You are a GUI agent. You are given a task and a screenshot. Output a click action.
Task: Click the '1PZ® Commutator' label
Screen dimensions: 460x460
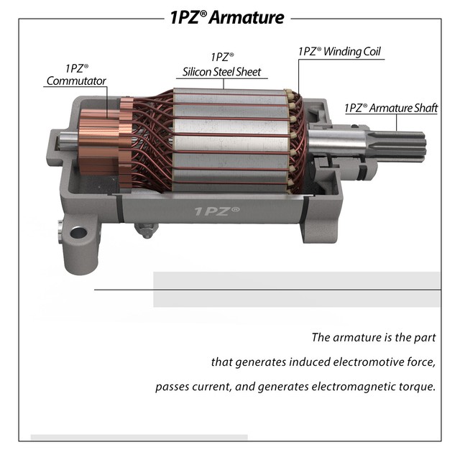pyautogui.click(x=76, y=75)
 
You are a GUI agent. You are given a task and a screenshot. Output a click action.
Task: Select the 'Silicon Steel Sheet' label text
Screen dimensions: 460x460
pyautogui.click(x=223, y=72)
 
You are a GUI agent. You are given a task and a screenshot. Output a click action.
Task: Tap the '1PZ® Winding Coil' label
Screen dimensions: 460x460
pyautogui.click(x=339, y=52)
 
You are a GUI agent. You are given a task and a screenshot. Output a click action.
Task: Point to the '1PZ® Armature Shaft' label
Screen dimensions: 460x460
pyautogui.click(x=391, y=108)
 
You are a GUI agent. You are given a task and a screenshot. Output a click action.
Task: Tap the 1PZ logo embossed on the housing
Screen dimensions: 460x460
pyautogui.click(x=217, y=211)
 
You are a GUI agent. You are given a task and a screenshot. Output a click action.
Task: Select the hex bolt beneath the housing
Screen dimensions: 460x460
pyautogui.click(x=147, y=231)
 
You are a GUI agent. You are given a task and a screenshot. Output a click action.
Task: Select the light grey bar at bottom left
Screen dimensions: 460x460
pyautogui.click(x=139, y=437)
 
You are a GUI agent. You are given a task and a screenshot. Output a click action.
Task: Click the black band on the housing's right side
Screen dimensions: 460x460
pyautogui.click(x=306, y=211)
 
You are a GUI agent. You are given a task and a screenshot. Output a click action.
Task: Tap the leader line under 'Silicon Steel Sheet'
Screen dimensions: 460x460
pyautogui.click(x=223, y=78)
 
